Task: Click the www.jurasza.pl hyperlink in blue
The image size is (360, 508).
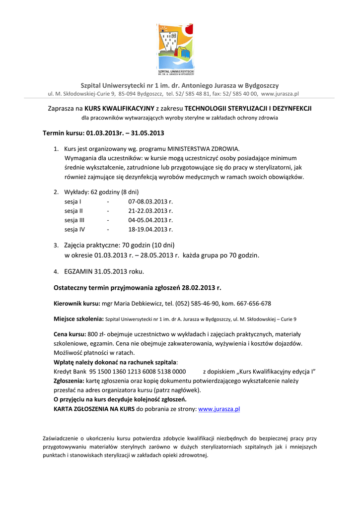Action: [x=219, y=409]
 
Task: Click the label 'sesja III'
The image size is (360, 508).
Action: [x=74, y=220]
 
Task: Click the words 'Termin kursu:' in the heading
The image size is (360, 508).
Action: [x=64, y=133]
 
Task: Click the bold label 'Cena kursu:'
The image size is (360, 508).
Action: [x=70, y=334]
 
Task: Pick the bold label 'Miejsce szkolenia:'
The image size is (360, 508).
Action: [x=78, y=318]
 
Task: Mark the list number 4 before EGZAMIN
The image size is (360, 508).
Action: [x=56, y=272]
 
